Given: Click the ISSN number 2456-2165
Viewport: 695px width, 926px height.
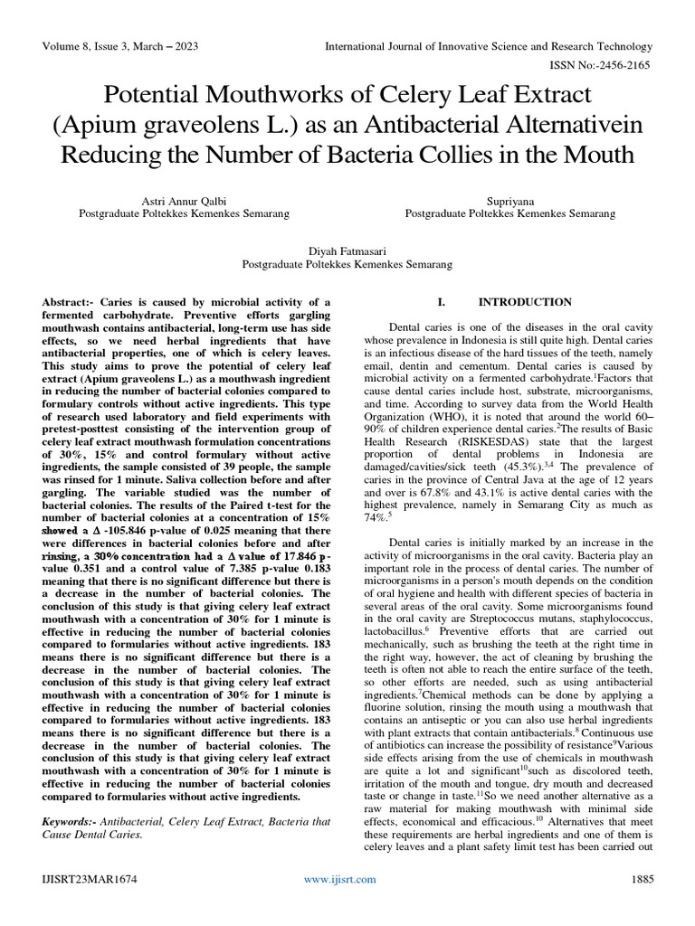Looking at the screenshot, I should [x=625, y=67].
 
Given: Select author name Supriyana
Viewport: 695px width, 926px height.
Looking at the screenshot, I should [x=509, y=200].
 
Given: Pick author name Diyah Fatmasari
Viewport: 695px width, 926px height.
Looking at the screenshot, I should [x=347, y=250].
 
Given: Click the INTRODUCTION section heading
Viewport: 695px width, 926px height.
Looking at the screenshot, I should [x=525, y=302].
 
